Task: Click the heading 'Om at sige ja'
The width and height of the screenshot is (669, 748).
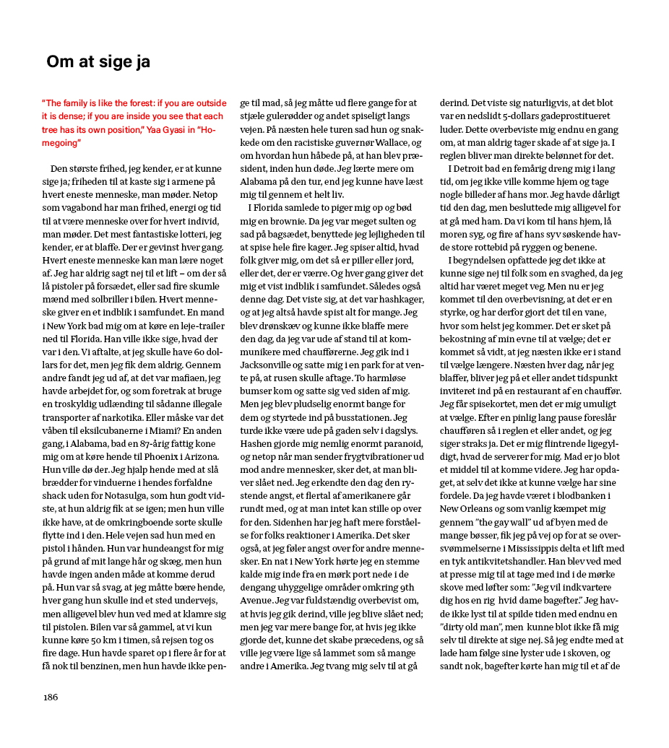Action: (x=98, y=62)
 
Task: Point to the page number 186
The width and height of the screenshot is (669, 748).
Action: (x=50, y=697)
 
